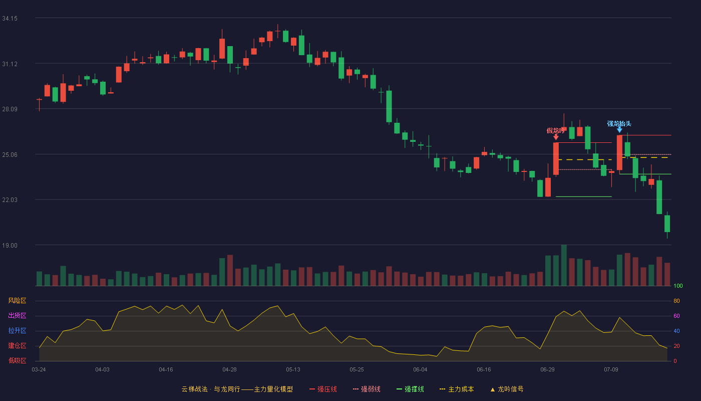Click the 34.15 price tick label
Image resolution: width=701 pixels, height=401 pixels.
(10, 19)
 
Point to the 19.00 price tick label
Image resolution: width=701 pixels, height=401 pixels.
(10, 245)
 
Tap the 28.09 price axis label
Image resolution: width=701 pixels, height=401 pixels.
(10, 109)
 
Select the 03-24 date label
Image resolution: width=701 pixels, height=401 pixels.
(39, 370)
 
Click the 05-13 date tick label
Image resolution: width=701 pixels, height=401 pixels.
(293, 370)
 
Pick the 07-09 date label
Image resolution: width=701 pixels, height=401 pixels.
(611, 370)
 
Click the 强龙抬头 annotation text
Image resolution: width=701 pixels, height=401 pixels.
(619, 124)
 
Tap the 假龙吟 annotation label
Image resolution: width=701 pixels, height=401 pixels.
(555, 131)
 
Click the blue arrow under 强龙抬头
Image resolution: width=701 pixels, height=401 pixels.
(619, 130)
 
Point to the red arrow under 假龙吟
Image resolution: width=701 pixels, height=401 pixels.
(556, 137)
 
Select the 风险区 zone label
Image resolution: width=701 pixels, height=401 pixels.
(17, 301)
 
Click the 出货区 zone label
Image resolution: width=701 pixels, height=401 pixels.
(17, 315)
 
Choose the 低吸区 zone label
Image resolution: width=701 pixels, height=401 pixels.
(17, 360)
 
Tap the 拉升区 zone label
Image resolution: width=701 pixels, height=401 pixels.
(17, 330)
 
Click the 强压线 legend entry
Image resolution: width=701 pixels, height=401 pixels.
(323, 389)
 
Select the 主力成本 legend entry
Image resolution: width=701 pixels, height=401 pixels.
(457, 389)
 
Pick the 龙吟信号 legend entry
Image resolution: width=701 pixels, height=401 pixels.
(507, 389)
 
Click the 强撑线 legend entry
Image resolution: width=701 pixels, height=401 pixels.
(410, 389)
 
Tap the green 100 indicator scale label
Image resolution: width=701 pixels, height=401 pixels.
(678, 286)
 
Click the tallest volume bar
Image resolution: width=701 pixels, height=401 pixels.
(564, 265)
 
